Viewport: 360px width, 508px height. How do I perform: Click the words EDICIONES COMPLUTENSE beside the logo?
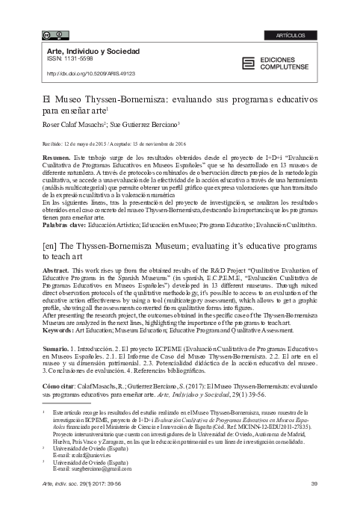285,63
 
